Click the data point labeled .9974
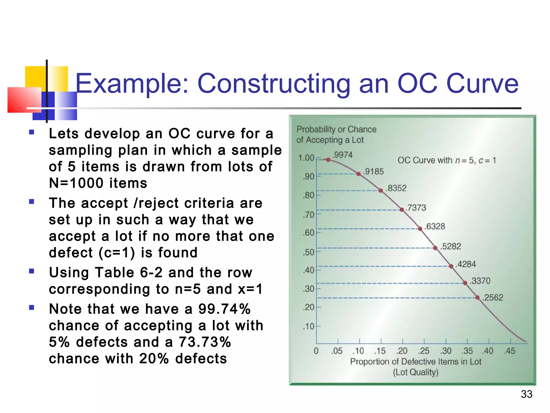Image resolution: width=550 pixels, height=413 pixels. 328,160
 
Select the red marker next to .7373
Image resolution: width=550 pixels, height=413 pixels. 402,209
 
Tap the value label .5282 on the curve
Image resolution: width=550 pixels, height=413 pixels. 451,246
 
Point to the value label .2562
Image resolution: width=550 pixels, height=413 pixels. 493,297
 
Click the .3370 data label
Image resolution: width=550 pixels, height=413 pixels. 480,281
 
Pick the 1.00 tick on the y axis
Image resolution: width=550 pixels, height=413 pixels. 306,158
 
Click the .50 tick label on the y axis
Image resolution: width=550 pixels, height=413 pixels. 308,252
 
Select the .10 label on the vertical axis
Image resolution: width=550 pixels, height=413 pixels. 308,326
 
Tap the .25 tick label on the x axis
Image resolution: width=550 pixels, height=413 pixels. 424,351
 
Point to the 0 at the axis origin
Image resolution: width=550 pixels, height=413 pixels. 316,351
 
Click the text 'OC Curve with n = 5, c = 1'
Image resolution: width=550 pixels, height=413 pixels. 447,161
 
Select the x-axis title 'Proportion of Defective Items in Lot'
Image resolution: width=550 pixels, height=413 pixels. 416,362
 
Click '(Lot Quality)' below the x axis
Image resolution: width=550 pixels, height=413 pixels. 416,372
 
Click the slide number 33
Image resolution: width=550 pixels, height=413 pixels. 526,394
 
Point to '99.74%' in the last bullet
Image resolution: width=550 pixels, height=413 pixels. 224,309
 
